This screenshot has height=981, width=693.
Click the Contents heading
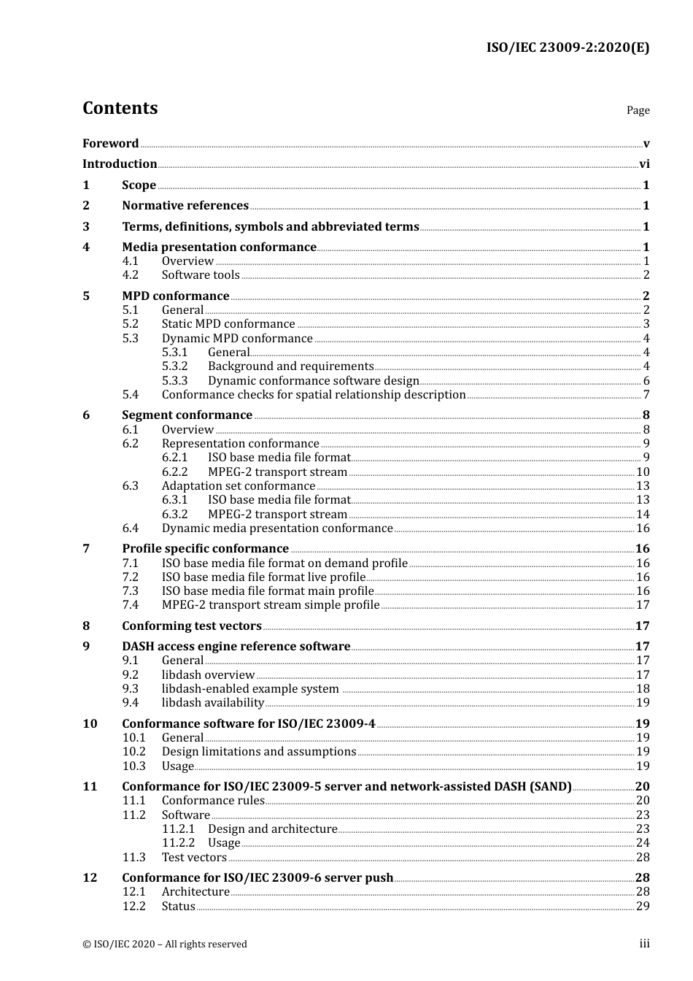pyautogui.click(x=120, y=108)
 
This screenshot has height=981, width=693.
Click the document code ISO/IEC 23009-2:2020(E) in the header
pyautogui.click(x=568, y=48)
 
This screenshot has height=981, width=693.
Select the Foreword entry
pyautogui.click(x=110, y=144)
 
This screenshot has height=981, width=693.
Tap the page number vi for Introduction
pyautogui.click(x=644, y=164)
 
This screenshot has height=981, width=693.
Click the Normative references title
pyautogui.click(x=185, y=206)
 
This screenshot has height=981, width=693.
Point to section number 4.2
pyautogui.click(x=130, y=275)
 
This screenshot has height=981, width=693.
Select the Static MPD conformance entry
pyautogui.click(x=228, y=324)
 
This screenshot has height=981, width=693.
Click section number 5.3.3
pyautogui.click(x=174, y=380)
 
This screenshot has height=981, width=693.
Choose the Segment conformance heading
pyautogui.click(x=187, y=415)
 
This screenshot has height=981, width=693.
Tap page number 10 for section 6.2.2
pyautogui.click(x=643, y=472)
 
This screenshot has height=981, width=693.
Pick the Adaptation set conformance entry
pyautogui.click(x=239, y=486)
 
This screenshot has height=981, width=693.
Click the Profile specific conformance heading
pyautogui.click(x=205, y=549)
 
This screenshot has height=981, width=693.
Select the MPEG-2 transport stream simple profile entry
pyautogui.click(x=271, y=605)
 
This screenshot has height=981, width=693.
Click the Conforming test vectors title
pyautogui.click(x=192, y=626)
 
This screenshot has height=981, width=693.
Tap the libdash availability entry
pyautogui.click(x=213, y=703)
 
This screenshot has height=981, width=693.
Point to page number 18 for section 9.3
pyautogui.click(x=643, y=689)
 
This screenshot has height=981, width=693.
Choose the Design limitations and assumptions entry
pyautogui.click(x=259, y=752)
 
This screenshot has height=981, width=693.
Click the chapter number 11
pyautogui.click(x=90, y=787)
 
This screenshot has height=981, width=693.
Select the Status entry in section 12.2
pyautogui.click(x=179, y=907)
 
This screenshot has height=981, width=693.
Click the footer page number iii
pyautogui.click(x=644, y=944)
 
